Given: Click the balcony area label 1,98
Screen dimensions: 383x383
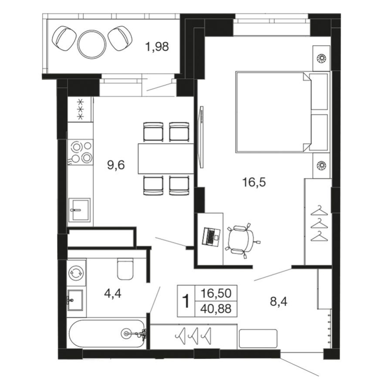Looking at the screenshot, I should pos(157,47).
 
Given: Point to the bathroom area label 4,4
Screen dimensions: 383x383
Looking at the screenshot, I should pos(112,293).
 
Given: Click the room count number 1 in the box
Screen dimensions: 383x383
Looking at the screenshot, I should pos(186,301).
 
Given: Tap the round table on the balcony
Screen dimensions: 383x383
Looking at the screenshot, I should pos(92,43).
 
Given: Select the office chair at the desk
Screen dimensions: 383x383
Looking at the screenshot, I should pos(239,239).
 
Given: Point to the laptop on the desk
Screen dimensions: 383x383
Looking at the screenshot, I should pos(212,236).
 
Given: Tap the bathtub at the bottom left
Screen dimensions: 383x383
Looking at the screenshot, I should pos(107,334).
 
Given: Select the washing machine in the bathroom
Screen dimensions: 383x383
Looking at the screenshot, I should pos(76,272).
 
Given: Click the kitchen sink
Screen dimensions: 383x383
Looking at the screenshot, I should pos(79,211).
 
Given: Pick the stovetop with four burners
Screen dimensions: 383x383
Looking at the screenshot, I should pos(81,152).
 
